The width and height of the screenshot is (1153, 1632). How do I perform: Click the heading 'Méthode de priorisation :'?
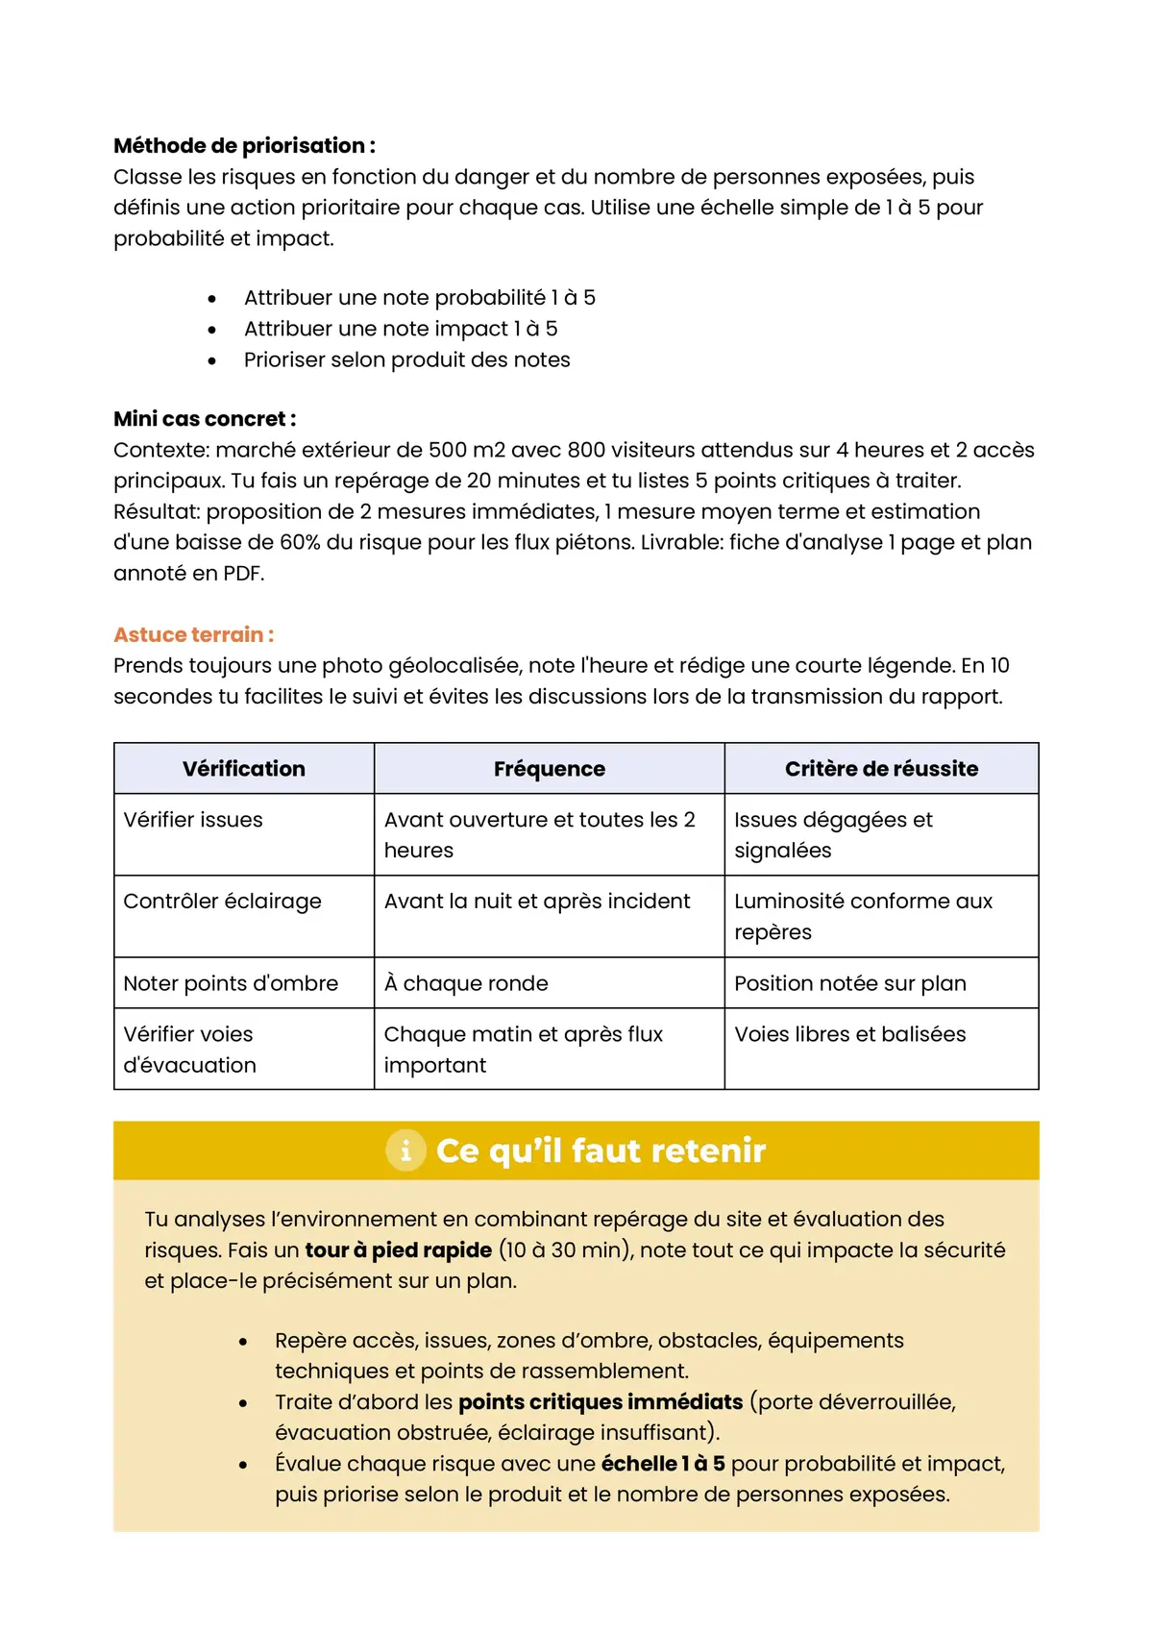(244, 146)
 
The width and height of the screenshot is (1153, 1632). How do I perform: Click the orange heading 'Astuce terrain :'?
(193, 634)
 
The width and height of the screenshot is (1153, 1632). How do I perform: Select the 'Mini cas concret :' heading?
(205, 419)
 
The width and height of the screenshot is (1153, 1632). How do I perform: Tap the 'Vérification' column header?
(244, 769)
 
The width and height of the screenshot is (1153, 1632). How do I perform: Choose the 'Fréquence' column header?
(549, 769)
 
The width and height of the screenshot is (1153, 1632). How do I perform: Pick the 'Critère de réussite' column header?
(881, 769)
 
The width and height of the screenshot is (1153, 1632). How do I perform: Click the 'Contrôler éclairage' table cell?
(222, 902)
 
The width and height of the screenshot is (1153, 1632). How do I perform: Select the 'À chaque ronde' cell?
(466, 983)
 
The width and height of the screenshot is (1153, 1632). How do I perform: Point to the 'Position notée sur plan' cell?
(849, 983)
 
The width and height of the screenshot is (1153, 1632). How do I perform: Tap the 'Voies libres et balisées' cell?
(849, 1034)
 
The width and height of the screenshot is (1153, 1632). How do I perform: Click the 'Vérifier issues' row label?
(193, 820)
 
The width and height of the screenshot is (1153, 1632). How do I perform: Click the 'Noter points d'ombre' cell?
(231, 983)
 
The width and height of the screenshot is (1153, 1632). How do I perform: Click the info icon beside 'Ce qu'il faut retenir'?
(405, 1150)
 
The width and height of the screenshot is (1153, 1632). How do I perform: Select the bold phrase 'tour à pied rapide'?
(398, 1250)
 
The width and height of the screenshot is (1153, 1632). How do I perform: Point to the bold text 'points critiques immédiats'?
(601, 1402)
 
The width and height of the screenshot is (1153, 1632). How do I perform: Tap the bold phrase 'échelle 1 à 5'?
(663, 1464)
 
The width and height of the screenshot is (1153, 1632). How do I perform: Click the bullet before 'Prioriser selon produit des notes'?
(211, 360)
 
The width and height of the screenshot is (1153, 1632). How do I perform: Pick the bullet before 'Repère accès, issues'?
(243, 1342)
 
